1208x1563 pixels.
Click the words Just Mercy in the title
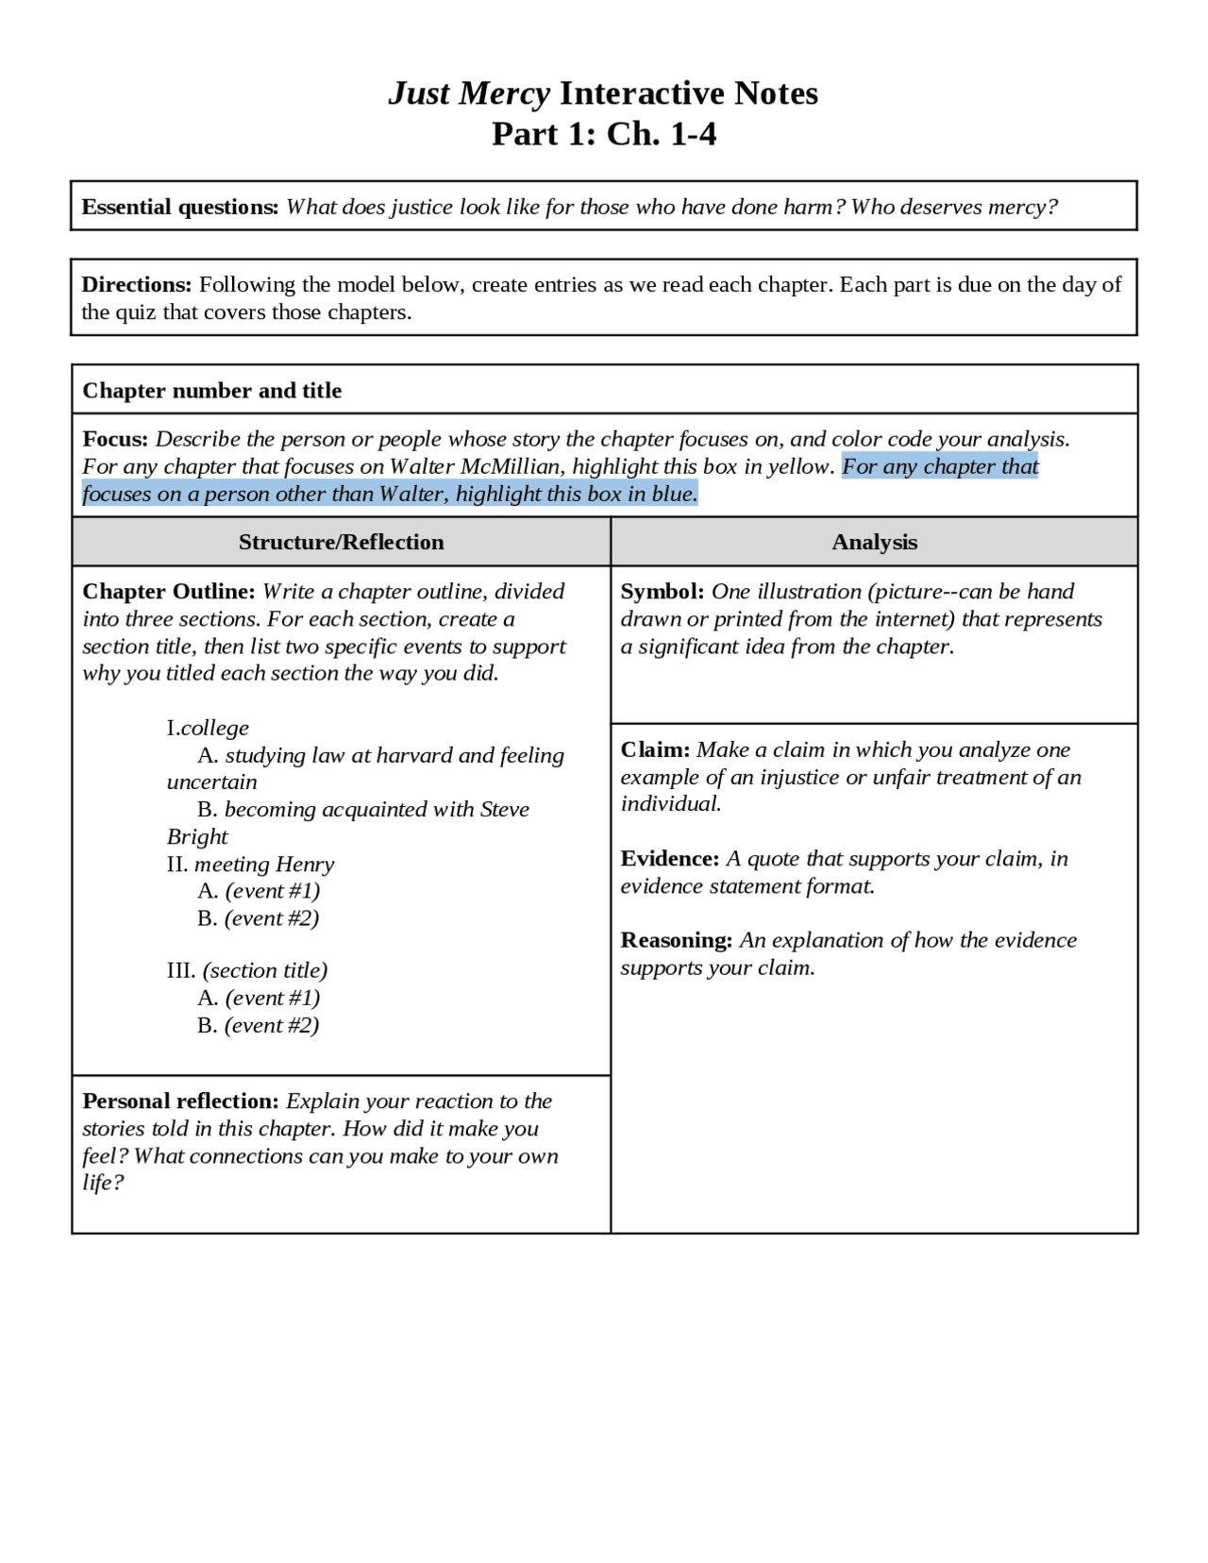(x=469, y=93)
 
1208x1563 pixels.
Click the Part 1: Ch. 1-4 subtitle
(x=604, y=134)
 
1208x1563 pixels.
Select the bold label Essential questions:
(x=179, y=207)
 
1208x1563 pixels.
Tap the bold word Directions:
(x=136, y=284)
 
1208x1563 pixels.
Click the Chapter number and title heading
(x=211, y=390)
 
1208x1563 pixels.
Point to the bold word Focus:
(x=115, y=439)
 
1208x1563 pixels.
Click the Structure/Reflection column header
(x=341, y=542)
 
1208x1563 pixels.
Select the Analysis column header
(x=874, y=542)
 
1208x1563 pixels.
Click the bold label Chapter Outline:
(x=168, y=592)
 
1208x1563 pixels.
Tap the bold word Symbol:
(x=662, y=592)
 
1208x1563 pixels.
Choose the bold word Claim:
(x=655, y=749)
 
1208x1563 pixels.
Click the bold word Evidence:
(x=669, y=859)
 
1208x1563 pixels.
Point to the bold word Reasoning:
(x=676, y=940)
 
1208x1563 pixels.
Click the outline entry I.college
(x=208, y=728)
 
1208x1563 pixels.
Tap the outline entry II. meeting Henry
(x=250, y=865)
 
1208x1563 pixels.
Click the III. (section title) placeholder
(x=247, y=970)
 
